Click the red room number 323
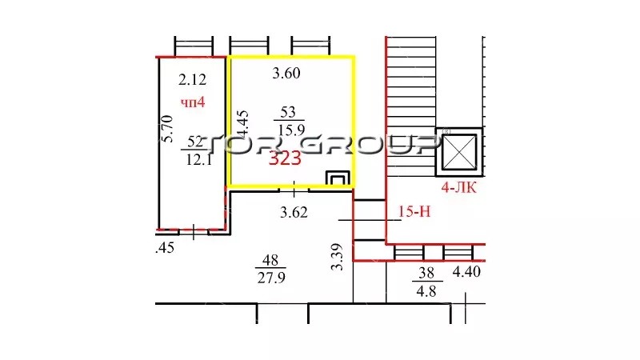click(x=285, y=158)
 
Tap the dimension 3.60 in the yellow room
click(x=286, y=73)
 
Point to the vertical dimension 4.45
click(x=242, y=124)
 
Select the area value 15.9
click(x=291, y=130)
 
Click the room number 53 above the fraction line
click(x=288, y=111)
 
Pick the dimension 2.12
click(x=192, y=79)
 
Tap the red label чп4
click(x=193, y=102)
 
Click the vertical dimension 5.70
click(x=167, y=129)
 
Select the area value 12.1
click(x=198, y=159)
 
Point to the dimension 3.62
click(x=294, y=212)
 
